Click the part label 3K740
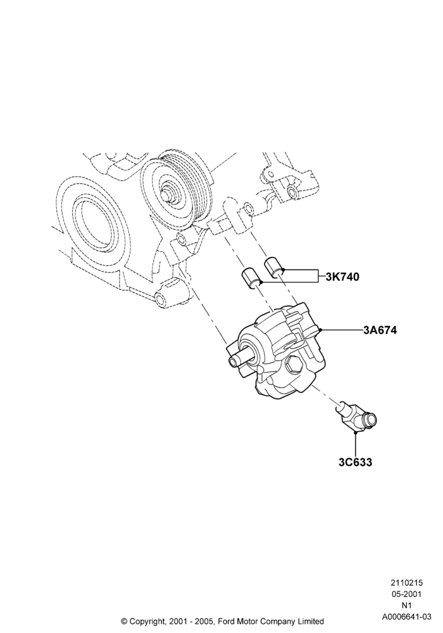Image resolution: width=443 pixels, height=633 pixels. pyautogui.click(x=342, y=277)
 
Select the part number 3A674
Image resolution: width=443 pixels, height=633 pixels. pyautogui.click(x=380, y=330)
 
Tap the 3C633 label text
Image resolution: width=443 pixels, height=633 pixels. pyautogui.click(x=356, y=462)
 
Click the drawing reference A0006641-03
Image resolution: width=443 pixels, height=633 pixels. pyautogui.click(x=406, y=617)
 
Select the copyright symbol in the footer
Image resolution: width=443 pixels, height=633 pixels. pyautogui.click(x=124, y=621)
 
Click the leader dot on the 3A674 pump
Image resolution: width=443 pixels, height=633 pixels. pyautogui.click(x=320, y=330)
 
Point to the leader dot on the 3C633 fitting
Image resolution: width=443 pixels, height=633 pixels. pyautogui.click(x=356, y=433)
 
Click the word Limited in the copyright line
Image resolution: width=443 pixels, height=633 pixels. pyautogui.click(x=312, y=621)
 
